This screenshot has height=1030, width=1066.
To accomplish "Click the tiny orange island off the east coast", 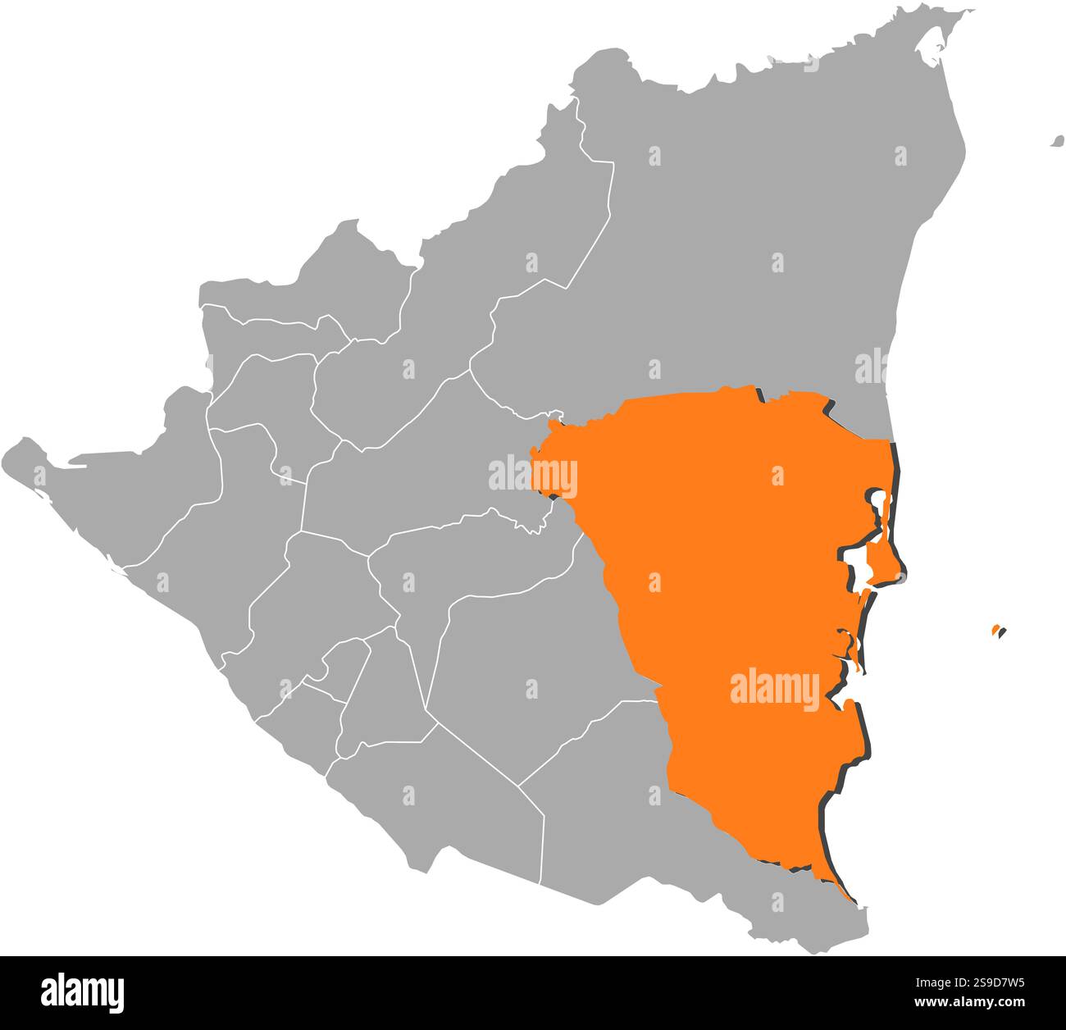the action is click(x=995, y=630).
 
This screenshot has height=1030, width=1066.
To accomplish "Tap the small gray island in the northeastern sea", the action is click(x=1058, y=142).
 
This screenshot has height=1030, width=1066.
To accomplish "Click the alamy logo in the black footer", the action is click(x=83, y=991).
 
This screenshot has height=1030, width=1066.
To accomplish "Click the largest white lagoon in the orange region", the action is click(x=858, y=565).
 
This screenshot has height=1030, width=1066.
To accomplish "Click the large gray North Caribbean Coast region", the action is click(x=738, y=230).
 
